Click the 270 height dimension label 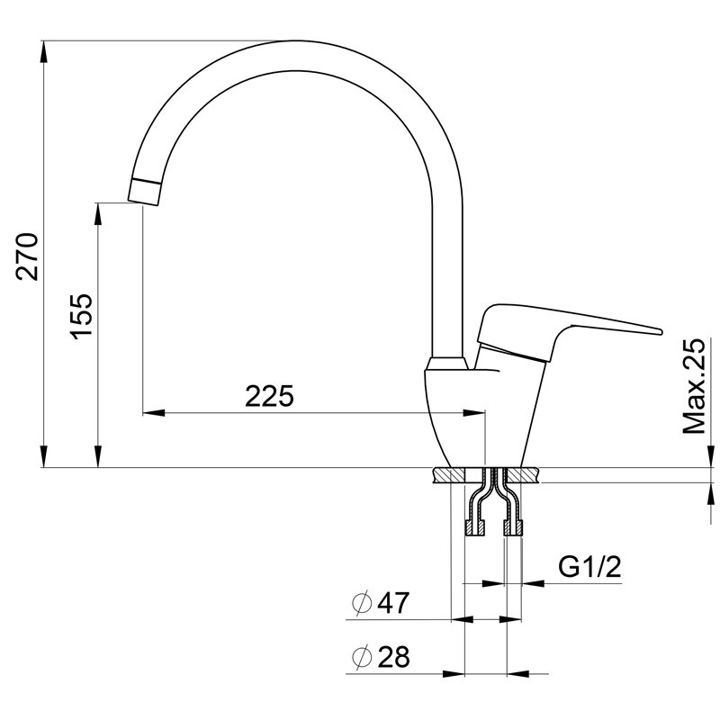(27, 256)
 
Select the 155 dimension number (81, 317)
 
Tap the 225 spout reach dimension (269, 396)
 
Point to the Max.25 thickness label (693, 386)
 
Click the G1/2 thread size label (589, 567)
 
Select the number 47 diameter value (393, 603)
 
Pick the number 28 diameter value (393, 657)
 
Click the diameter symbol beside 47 (362, 603)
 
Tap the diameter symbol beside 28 (362, 657)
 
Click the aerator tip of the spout (144, 192)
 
